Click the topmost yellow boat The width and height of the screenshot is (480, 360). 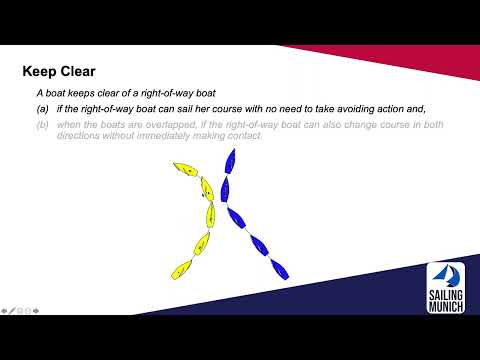(183, 169)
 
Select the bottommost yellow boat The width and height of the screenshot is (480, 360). (181, 268)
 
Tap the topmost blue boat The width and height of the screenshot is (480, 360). (229, 160)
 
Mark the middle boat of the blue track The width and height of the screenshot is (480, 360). (237, 215)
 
